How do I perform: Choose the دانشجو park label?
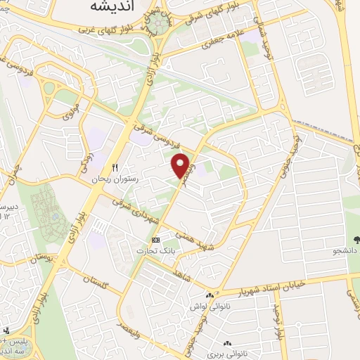(x=346, y=250)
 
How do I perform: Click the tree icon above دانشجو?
(x=356, y=239)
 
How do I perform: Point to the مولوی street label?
(x=70, y=110)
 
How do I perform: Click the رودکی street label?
(x=86, y=150)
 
